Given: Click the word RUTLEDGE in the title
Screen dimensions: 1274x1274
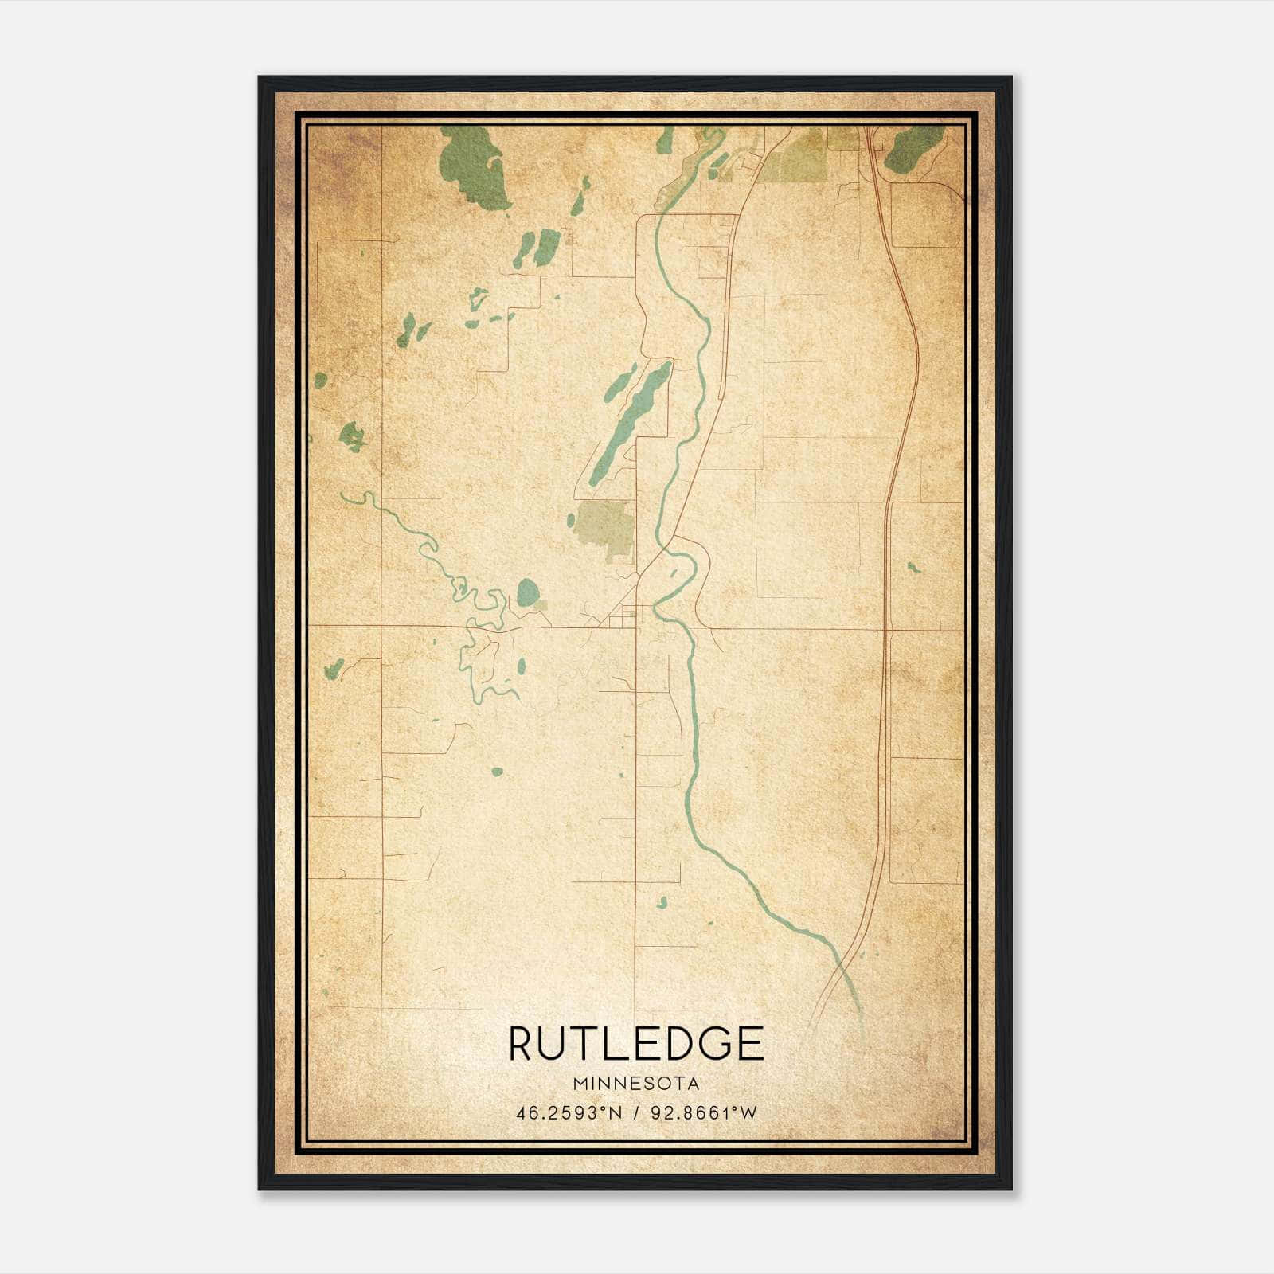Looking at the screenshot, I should (x=636, y=1044).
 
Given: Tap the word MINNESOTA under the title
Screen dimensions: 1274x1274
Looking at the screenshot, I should (x=636, y=1084).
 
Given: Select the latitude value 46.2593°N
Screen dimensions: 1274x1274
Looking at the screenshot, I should (x=569, y=1113).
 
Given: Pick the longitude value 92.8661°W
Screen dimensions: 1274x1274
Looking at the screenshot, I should (x=704, y=1113).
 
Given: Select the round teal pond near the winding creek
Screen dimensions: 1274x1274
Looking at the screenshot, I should (x=527, y=592).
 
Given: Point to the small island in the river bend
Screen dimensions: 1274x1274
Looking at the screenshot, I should (x=673, y=573).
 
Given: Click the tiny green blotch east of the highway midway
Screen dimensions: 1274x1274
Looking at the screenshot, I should (x=913, y=568).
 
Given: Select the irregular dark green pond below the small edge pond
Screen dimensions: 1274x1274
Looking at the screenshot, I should (x=351, y=436).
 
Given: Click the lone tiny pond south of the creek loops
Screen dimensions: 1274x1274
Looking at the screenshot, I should (x=497, y=772).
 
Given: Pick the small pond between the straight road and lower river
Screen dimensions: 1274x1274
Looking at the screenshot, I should (x=662, y=902).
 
